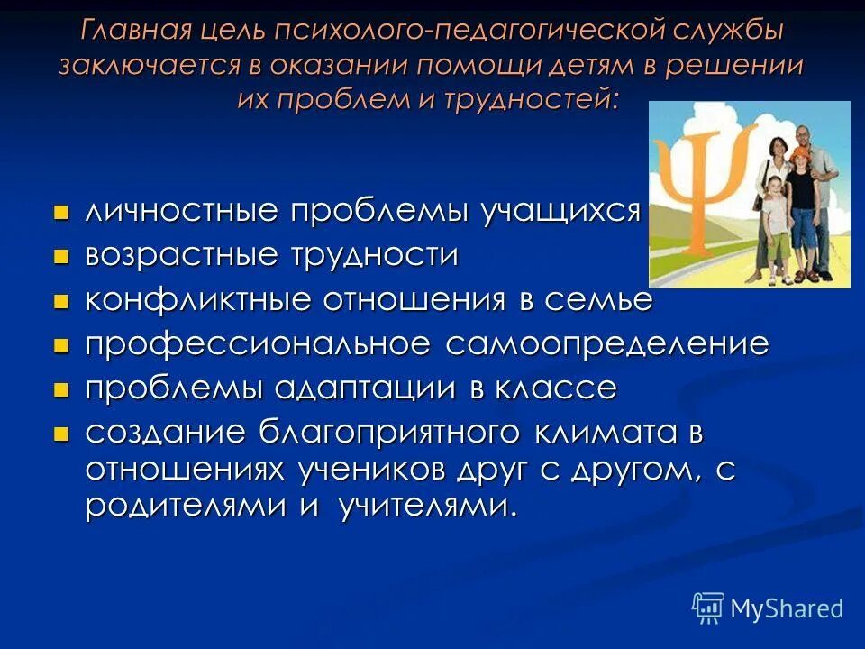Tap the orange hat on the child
tap(800, 153)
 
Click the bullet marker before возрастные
tap(61, 256)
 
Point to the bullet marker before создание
tap(61, 434)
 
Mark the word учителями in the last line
tap(428, 507)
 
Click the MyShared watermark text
tap(787, 608)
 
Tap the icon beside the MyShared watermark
tap(708, 608)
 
